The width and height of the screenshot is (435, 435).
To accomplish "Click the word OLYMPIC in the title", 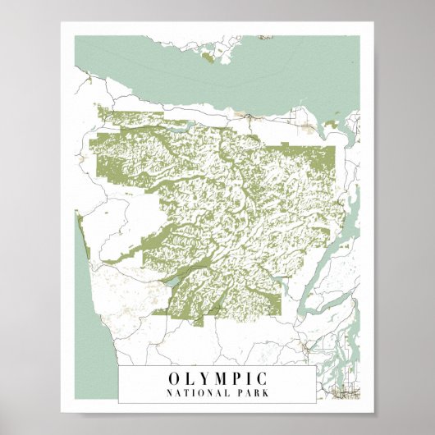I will click(217, 378).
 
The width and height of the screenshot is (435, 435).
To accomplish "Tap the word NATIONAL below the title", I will click(199, 393).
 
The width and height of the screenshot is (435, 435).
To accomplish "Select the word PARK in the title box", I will click(251, 393).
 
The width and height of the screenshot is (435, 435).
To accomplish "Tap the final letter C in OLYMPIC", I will click(262, 378).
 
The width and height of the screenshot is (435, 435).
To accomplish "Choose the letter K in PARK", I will click(264, 393).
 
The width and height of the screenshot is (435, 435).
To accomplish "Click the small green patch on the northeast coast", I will click(332, 124).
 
